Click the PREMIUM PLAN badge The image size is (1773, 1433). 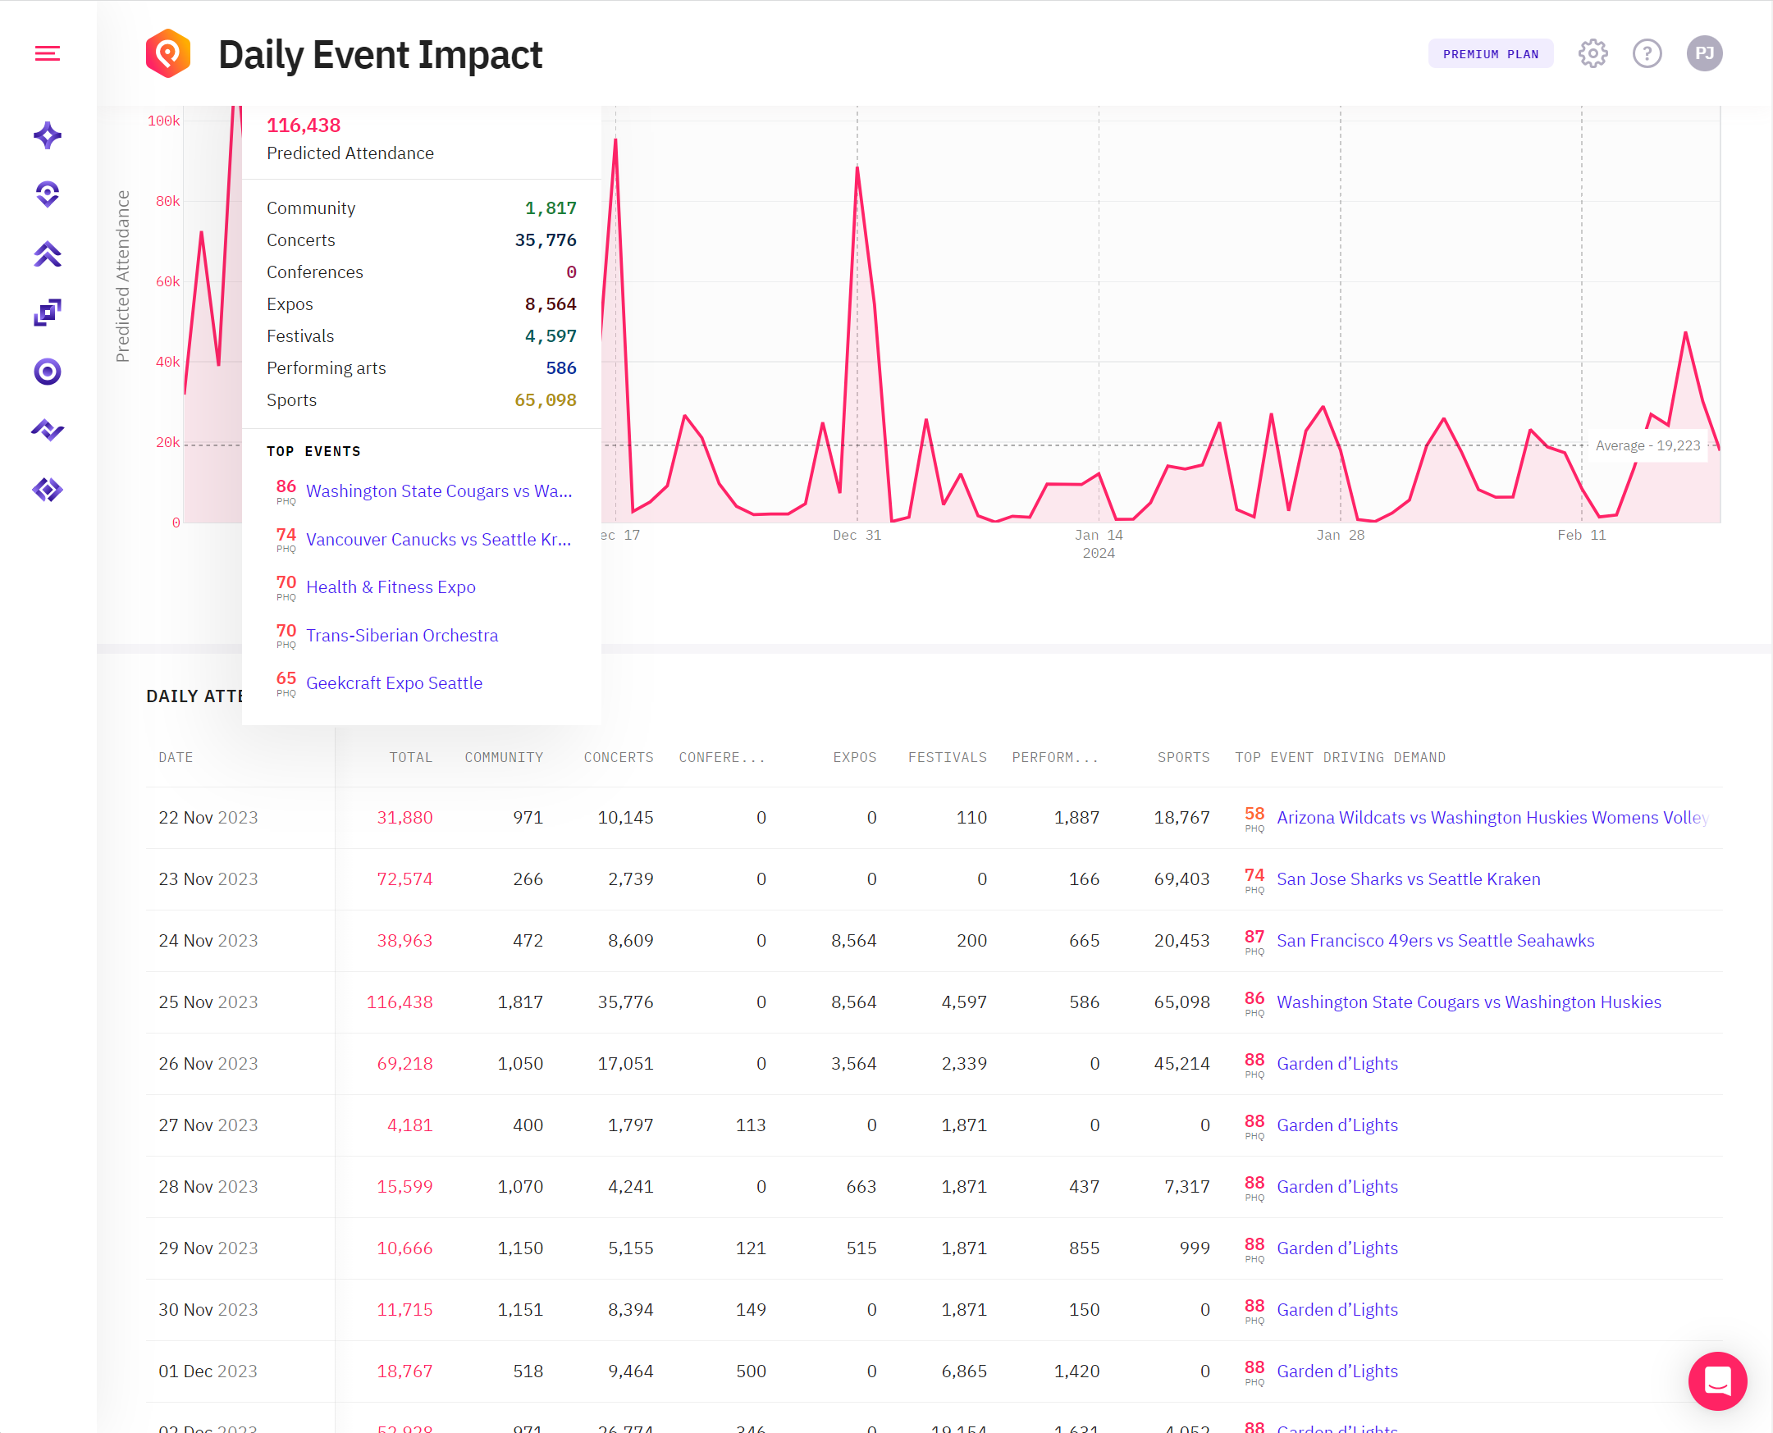pos(1490,54)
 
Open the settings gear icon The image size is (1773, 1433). pos(1593,54)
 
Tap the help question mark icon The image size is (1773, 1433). pos(1647,54)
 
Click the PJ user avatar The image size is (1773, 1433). pos(1703,54)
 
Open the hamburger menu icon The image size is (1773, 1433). pos(47,54)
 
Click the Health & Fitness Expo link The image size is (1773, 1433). pos(391,587)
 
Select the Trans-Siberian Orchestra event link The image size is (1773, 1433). pos(402,636)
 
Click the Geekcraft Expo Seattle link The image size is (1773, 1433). pos(394,683)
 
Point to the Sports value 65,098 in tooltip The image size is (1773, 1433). pos(545,400)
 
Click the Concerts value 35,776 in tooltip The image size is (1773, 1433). pos(545,240)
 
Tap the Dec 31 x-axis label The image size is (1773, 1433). pos(857,536)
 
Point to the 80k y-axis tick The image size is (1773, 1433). pos(167,202)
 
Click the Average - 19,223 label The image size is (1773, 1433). pos(1647,445)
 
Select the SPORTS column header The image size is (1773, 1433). pos(1183,758)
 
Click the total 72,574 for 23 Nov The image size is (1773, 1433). pos(404,879)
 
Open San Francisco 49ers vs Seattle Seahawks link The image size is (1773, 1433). pos(1435,941)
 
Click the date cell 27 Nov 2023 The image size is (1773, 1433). pos(208,1125)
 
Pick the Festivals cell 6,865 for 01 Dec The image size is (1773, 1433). pos(963,1371)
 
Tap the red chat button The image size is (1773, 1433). pos(1717,1381)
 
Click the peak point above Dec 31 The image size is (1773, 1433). pos(857,168)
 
